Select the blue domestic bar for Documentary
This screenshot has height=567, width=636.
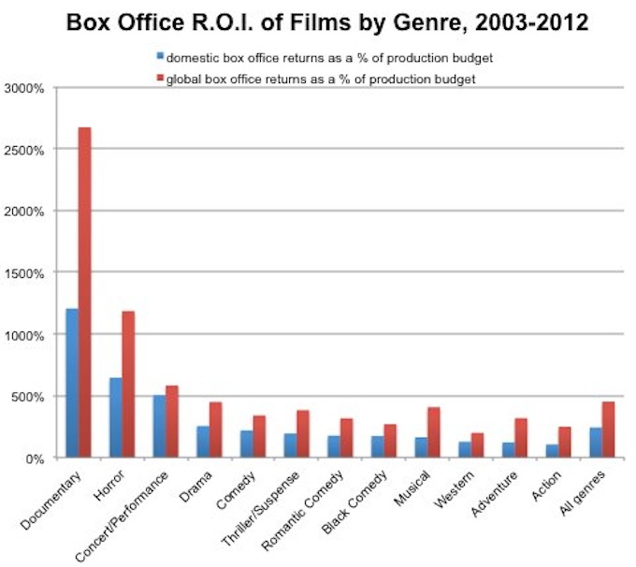[72, 384]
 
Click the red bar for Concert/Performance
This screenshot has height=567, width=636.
[171, 422]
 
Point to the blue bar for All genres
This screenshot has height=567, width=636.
[595, 443]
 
